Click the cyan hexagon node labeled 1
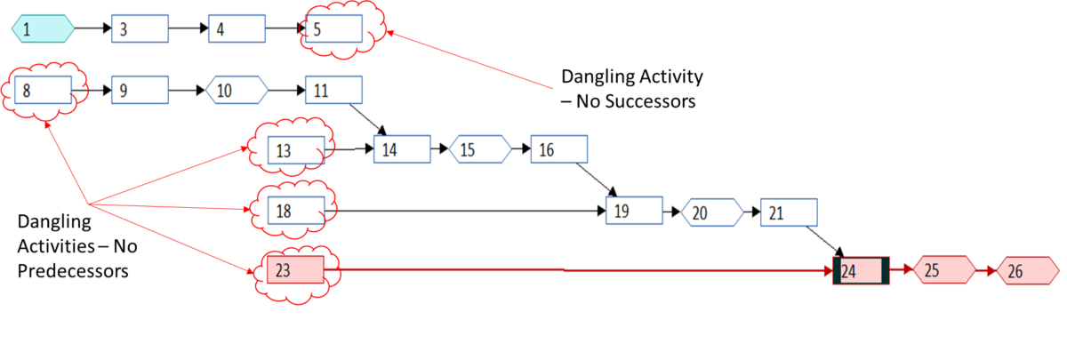pyautogui.click(x=42, y=29)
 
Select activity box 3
pyautogui.click(x=140, y=29)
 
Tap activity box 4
pyautogui.click(x=237, y=29)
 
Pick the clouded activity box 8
pyautogui.click(x=43, y=90)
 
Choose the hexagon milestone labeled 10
pyautogui.click(x=237, y=90)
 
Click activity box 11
pyautogui.click(x=334, y=90)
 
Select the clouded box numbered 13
pyautogui.click(x=296, y=151)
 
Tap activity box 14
pyautogui.click(x=402, y=149)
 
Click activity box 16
pyautogui.click(x=559, y=149)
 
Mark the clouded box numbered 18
pyautogui.click(x=296, y=211)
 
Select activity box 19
pyautogui.click(x=634, y=212)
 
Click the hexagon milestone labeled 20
pyautogui.click(x=711, y=212)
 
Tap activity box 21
pyautogui.click(x=790, y=212)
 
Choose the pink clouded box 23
pyautogui.click(x=295, y=270)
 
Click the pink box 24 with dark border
pyautogui.click(x=860, y=271)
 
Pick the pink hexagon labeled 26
pyautogui.click(x=1027, y=272)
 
